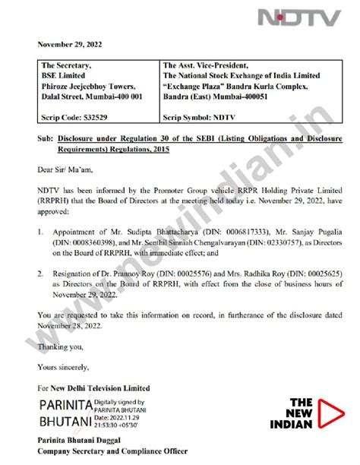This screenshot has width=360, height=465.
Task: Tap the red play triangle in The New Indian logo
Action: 329,411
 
